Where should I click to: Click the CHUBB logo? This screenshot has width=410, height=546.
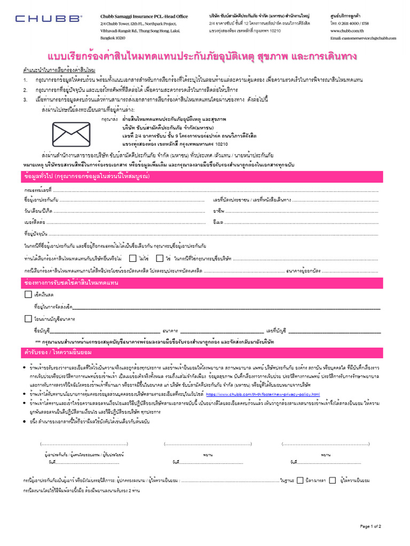[x=49, y=19]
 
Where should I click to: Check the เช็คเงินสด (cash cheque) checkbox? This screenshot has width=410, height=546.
[x=28, y=294]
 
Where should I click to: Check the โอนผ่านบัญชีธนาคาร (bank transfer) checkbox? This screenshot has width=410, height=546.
[x=28, y=319]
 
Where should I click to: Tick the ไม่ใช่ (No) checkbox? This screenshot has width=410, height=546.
[x=133, y=258]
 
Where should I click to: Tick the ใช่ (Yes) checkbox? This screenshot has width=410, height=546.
[x=160, y=258]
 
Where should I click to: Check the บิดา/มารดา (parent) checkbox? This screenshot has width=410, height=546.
[x=300, y=480]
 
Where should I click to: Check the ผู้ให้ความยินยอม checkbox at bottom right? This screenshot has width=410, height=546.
[x=333, y=480]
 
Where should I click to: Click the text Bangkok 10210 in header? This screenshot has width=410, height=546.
[x=113, y=38]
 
